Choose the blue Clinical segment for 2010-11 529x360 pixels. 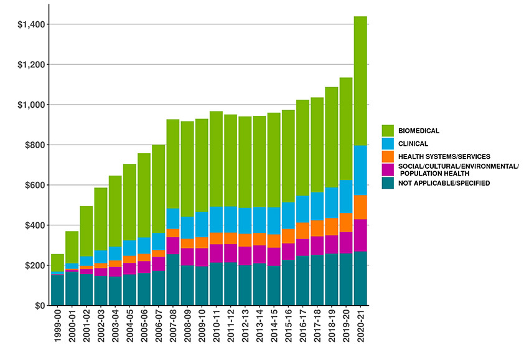(x=216, y=219)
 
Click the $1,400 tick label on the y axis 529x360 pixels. (x=30, y=24)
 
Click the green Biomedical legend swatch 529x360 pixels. (x=388, y=130)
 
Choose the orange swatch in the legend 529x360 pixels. (x=388, y=156)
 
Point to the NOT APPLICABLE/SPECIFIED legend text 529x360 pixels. (x=445, y=183)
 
